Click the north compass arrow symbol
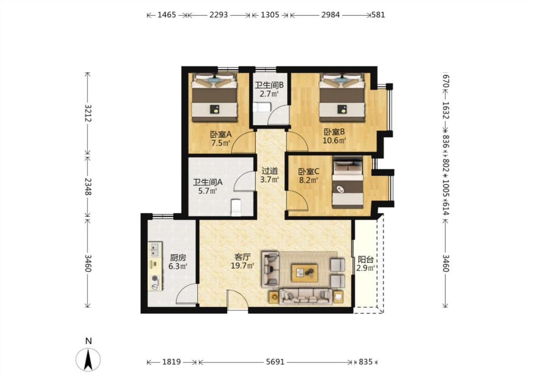pyautogui.click(x=88, y=360)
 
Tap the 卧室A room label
pyautogui.click(x=221, y=134)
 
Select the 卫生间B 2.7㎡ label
pyautogui.click(x=269, y=89)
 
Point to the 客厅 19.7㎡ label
pyautogui.click(x=243, y=261)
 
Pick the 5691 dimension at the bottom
pyautogui.click(x=275, y=362)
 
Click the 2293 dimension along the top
pyautogui.click(x=218, y=15)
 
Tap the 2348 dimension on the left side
pyautogui.click(x=88, y=186)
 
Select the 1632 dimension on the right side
pyautogui.click(x=445, y=110)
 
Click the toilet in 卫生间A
pyautogui.click(x=236, y=207)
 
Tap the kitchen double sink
pyautogui.click(x=155, y=249)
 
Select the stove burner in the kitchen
pyautogui.click(x=155, y=278)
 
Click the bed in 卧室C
pyautogui.click(x=348, y=182)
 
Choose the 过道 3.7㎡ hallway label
pyautogui.click(x=270, y=175)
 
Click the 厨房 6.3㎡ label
pyautogui.click(x=178, y=262)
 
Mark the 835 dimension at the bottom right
pyautogui.click(x=365, y=362)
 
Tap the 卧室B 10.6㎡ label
pyautogui.click(x=334, y=136)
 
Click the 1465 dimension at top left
pyautogui.click(x=166, y=15)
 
